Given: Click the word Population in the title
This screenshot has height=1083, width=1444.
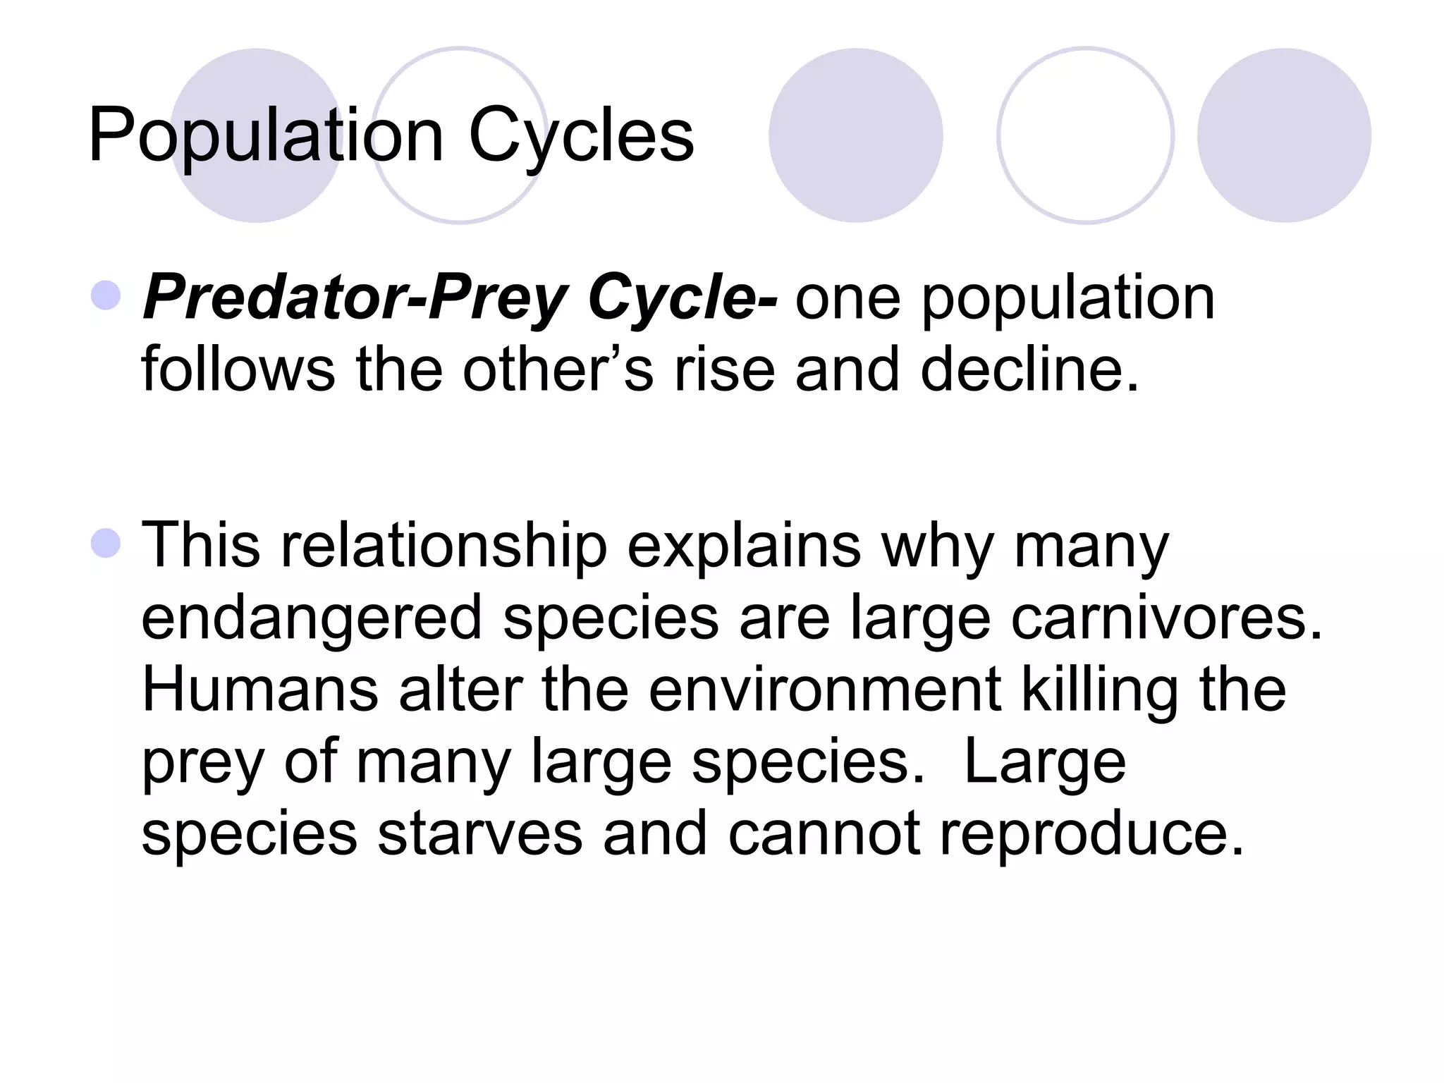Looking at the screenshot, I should (x=266, y=135).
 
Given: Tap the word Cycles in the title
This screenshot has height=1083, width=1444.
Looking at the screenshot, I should (x=581, y=135).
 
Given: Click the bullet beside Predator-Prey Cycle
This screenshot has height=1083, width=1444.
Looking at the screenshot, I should (x=106, y=295).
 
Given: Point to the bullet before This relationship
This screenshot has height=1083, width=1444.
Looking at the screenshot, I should (x=106, y=543).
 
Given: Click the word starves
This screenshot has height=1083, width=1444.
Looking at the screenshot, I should (x=480, y=833).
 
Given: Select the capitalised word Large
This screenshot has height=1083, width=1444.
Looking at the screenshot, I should (x=1044, y=763).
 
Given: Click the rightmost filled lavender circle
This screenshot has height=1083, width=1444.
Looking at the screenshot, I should (x=1284, y=135).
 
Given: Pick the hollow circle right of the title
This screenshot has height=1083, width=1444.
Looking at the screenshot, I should (x=1085, y=135).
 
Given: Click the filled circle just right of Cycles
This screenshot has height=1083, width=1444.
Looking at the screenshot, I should (x=855, y=135).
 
